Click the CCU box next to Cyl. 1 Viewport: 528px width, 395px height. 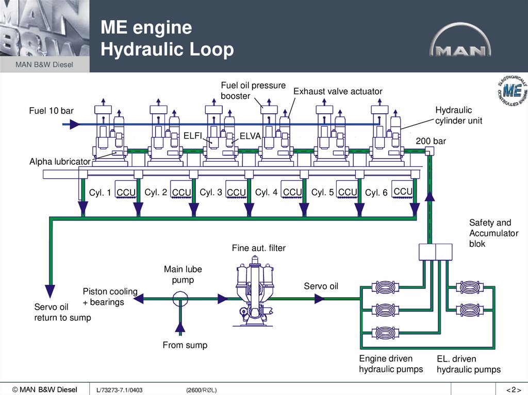pyautogui.click(x=126, y=193)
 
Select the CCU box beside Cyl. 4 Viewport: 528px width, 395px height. pyautogui.click(x=292, y=193)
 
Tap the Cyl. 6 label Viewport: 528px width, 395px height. pyautogui.click(x=376, y=193)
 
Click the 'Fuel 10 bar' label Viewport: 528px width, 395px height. pyautogui.click(x=51, y=111)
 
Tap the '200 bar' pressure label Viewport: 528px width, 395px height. pyautogui.click(x=431, y=141)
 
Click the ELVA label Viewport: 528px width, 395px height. pyautogui.click(x=251, y=136)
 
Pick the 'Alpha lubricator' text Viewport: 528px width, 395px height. pyautogui.click(x=60, y=162)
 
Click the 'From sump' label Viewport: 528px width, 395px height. pyautogui.click(x=185, y=345)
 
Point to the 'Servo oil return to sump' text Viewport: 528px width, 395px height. pyautogui.click(x=62, y=313)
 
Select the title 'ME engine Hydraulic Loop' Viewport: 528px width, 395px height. pyautogui.click(x=167, y=39)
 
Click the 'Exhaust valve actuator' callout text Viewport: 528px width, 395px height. pyautogui.click(x=338, y=92)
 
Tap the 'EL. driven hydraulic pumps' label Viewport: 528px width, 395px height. pyautogui.click(x=468, y=364)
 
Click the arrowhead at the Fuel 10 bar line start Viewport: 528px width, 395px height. pyautogui.click(x=75, y=124)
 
